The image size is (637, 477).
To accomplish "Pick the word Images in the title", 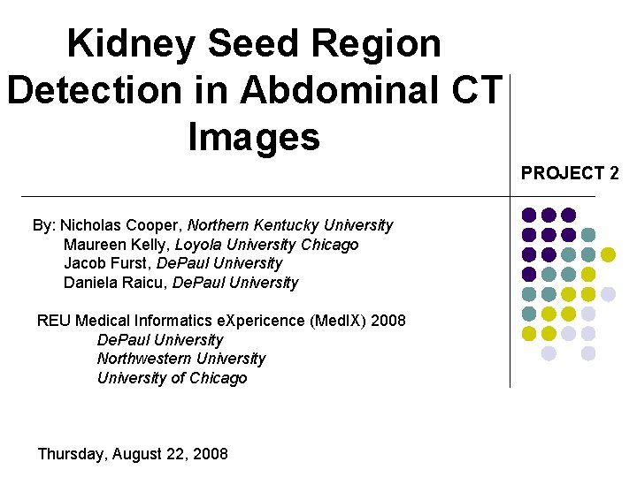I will point(253,137).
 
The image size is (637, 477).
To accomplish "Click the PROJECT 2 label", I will point(569,173).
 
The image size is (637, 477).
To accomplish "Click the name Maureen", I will point(93,245).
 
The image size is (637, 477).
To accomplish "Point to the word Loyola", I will point(198,245).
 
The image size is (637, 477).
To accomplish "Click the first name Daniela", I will point(91,283).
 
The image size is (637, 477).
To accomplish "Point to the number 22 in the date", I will point(173,454).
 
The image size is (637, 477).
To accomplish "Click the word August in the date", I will point(135,454).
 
